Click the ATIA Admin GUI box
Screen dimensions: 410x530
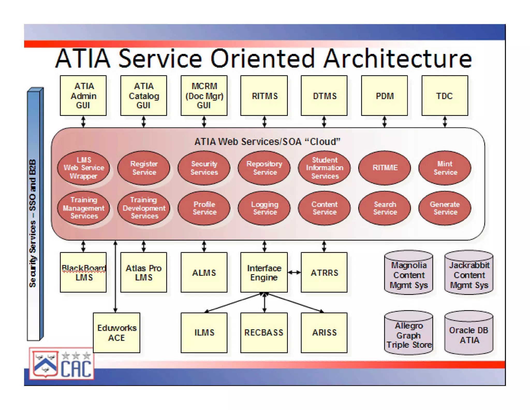83,95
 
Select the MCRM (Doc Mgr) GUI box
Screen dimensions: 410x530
204,95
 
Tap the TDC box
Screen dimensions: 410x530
445,95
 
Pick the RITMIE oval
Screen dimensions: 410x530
385,168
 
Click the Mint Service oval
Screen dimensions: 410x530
445,168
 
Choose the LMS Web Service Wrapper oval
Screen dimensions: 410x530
83,168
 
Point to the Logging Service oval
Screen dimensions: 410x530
264,208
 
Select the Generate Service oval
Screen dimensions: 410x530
445,208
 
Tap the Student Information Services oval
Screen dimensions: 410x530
324,168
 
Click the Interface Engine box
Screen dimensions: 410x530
264,272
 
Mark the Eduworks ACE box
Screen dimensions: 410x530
116,333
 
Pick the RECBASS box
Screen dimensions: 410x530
264,333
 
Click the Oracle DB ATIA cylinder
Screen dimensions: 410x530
469,333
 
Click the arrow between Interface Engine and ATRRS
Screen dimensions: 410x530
294,272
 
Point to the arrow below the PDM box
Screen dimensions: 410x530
385,122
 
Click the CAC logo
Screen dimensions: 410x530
62,364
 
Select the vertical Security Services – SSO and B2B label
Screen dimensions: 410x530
33,223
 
